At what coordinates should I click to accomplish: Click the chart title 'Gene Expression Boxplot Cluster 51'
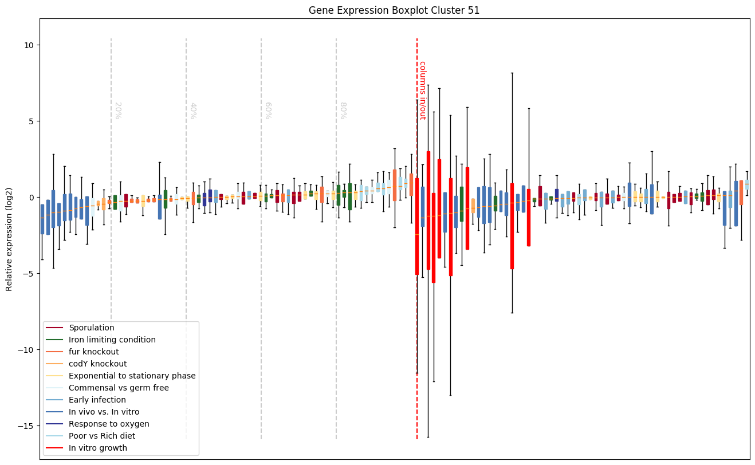click(x=394, y=10)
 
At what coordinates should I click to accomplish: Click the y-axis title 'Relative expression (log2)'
click(x=9, y=239)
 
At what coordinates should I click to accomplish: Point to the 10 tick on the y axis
click(x=29, y=45)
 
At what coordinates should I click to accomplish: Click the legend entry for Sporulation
click(x=92, y=328)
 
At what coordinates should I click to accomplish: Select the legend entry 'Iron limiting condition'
click(x=112, y=340)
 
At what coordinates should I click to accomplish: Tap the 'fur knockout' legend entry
click(x=94, y=352)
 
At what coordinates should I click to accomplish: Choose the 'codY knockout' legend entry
click(x=98, y=364)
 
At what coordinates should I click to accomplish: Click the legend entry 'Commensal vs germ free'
click(x=119, y=388)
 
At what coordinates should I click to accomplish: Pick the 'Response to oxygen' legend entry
click(x=109, y=424)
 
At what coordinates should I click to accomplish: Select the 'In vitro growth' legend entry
click(x=98, y=448)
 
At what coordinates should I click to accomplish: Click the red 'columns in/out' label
click(x=423, y=90)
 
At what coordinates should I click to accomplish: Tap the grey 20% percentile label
click(x=117, y=111)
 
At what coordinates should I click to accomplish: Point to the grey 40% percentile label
click(x=193, y=111)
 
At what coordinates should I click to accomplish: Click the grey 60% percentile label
click(x=268, y=111)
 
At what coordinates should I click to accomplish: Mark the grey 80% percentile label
click(x=343, y=111)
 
